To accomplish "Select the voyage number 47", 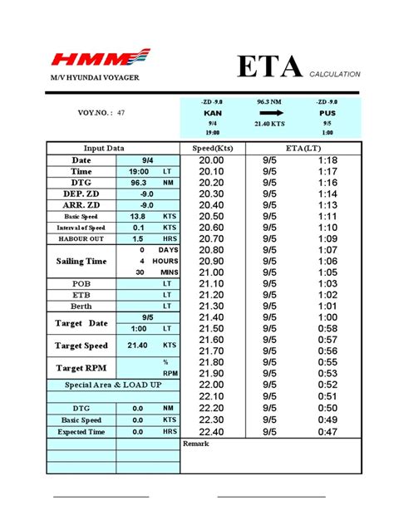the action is [121, 111].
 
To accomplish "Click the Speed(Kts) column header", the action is [212, 148].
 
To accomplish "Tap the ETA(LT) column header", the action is [303, 148].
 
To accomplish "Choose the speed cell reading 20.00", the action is [212, 159].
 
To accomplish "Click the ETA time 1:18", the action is [328, 159].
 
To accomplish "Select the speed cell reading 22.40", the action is [212, 432].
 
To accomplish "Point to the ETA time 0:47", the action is [328, 432].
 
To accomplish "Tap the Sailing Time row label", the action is [81, 261].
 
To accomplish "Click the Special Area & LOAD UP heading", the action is [113, 385].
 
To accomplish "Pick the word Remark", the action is [196, 444].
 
